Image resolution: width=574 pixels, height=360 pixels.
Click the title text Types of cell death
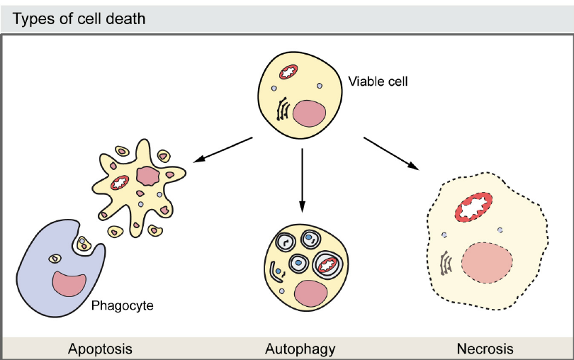(79, 18)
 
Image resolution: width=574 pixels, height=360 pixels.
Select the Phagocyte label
(122, 307)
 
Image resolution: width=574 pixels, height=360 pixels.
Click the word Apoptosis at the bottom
(100, 349)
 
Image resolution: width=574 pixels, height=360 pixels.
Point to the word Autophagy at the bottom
(300, 349)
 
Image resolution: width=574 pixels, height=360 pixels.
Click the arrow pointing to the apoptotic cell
(223, 148)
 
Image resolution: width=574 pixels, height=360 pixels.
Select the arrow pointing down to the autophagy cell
(303, 181)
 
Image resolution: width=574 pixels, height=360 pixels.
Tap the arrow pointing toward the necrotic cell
(391, 153)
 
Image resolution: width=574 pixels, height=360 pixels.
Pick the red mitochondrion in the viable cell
(289, 72)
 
